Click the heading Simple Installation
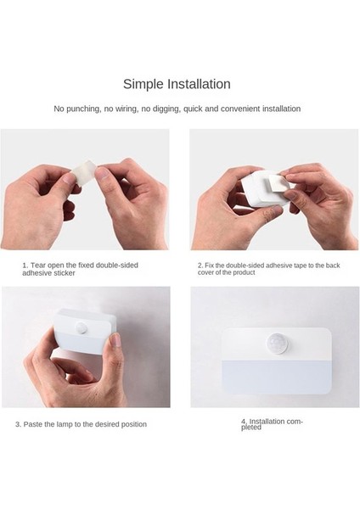tap(177, 84)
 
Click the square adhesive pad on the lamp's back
tap(278, 185)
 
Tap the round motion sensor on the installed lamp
tap(277, 344)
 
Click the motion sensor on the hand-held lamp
tap(82, 327)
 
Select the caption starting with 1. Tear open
tap(81, 269)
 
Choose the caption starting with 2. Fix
tap(268, 269)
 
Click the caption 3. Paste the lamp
tap(81, 424)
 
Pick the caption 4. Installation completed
tap(272, 424)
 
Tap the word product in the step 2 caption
tap(243, 272)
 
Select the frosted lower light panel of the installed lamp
tap(277, 377)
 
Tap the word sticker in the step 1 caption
tap(65, 273)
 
